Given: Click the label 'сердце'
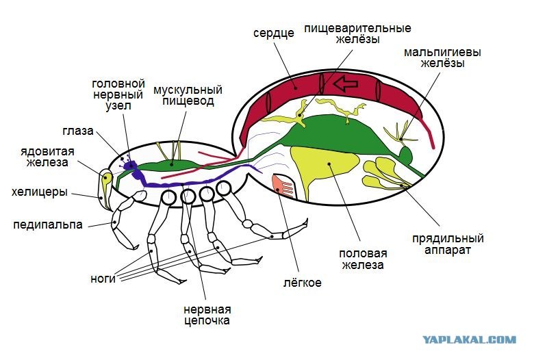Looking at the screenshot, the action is click(x=273, y=34).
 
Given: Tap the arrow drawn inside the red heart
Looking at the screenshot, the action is click(x=346, y=83).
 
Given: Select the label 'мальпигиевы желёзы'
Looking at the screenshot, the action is click(x=442, y=57).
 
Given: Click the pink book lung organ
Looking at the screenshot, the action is click(x=283, y=186).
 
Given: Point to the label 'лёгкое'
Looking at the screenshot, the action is click(x=303, y=283).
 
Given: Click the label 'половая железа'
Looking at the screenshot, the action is click(x=363, y=259).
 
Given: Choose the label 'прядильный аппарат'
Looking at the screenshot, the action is click(x=448, y=244).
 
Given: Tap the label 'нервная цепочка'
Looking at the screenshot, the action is click(x=207, y=315).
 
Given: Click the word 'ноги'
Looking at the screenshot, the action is click(x=103, y=279).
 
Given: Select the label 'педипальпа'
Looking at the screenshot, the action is click(x=48, y=224).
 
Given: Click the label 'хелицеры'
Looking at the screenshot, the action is click(x=40, y=192).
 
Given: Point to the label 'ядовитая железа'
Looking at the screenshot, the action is click(x=47, y=157).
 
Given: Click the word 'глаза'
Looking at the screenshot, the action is click(x=78, y=131).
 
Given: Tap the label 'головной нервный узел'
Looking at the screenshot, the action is click(x=118, y=94).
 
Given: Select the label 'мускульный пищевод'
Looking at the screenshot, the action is click(x=188, y=95).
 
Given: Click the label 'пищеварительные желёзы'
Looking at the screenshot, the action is click(x=357, y=34).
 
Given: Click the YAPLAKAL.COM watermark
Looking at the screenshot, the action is click(x=470, y=339).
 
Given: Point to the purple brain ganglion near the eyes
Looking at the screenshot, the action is click(x=129, y=166).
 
